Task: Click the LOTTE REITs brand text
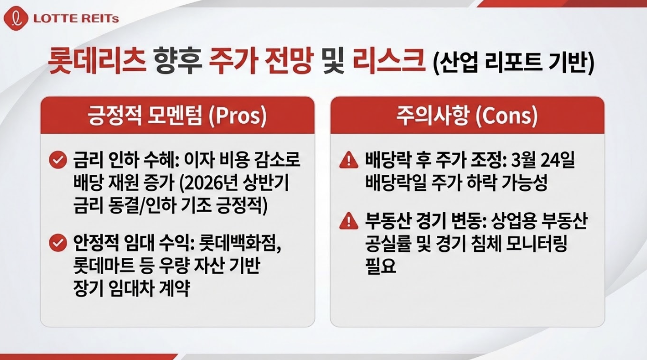[76, 19]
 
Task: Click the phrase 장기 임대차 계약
[132, 289]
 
